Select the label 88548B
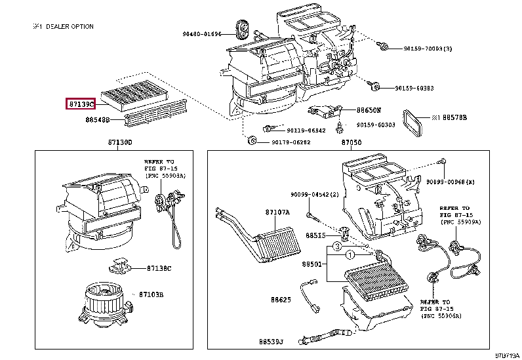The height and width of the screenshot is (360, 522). [x=96, y=120]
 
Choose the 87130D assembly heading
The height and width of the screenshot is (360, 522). [x=120, y=142]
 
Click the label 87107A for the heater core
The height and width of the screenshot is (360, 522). [x=277, y=212]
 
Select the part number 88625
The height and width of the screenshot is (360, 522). [x=280, y=300]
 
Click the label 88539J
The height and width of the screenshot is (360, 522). [x=271, y=342]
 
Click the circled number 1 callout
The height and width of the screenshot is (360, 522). [x=350, y=254]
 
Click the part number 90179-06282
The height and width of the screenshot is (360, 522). [x=289, y=142]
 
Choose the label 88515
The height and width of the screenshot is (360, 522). [x=313, y=235]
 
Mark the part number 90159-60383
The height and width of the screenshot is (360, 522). [x=414, y=88]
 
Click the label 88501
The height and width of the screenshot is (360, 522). [x=313, y=264]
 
